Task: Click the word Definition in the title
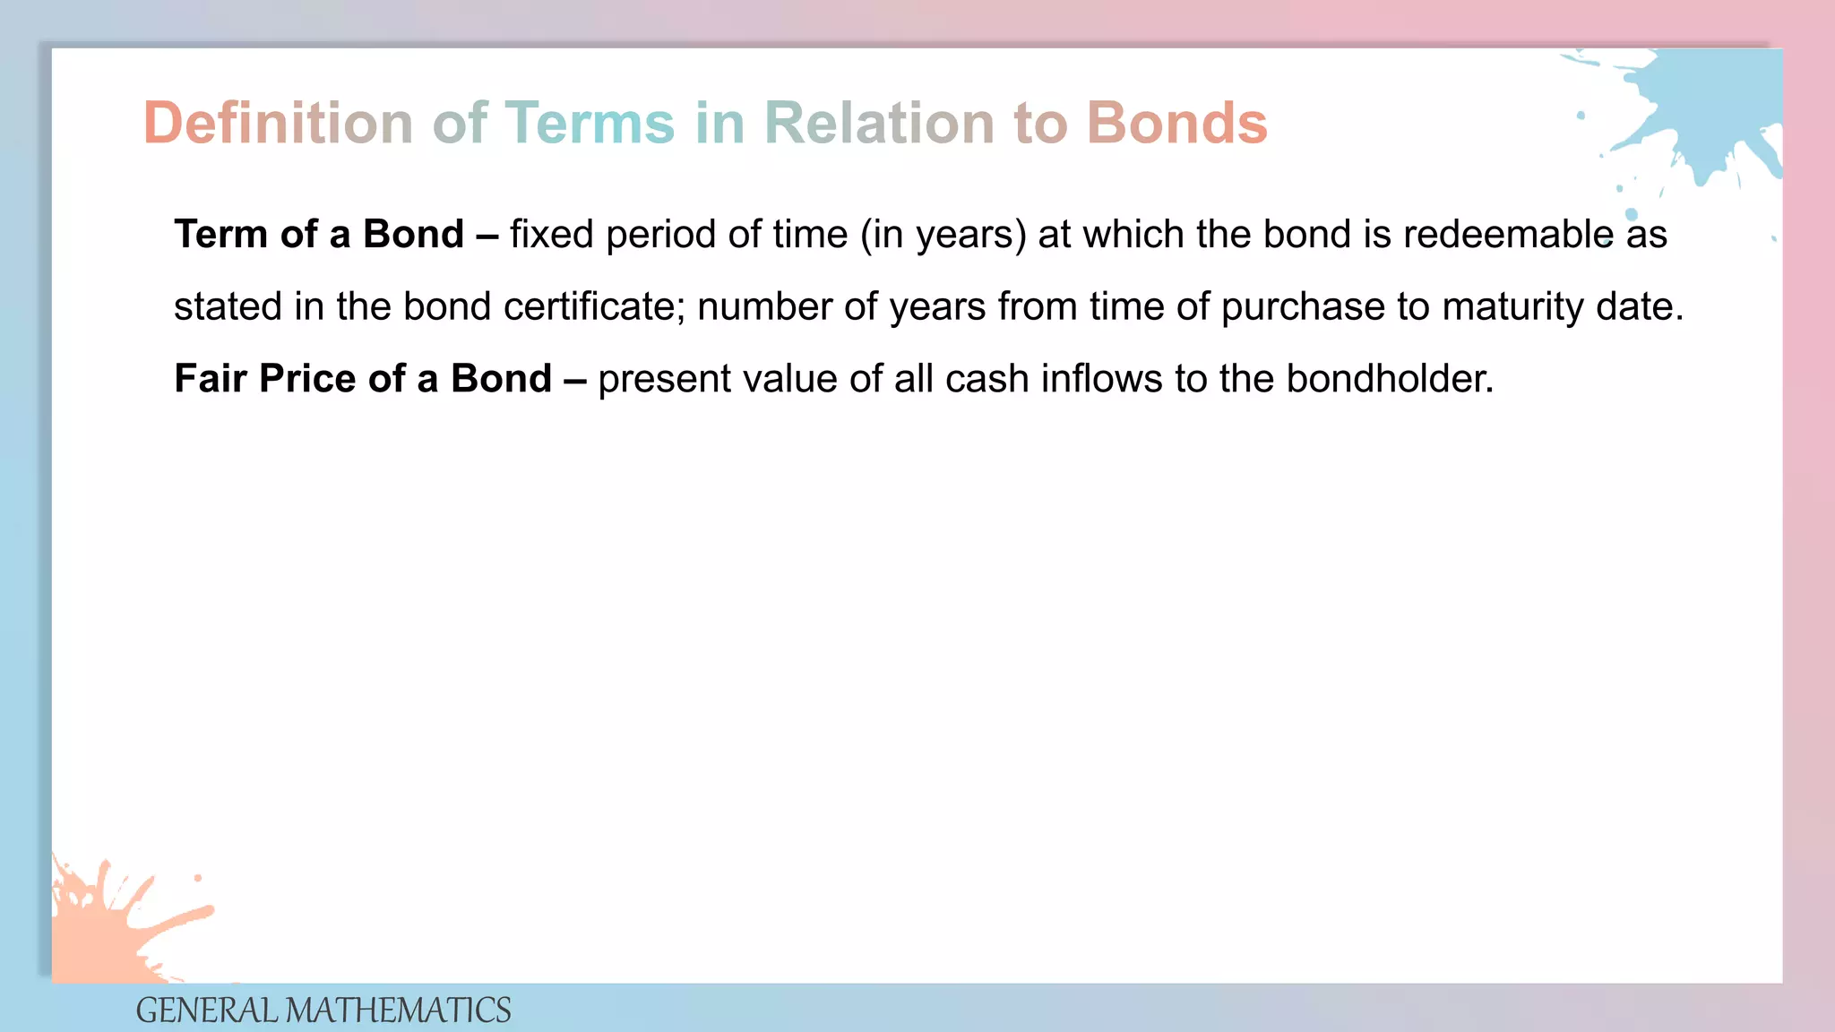(278, 123)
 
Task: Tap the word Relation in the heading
(878, 123)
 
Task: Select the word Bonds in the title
(1176, 123)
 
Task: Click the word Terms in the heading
(590, 123)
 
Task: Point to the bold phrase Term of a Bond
(319, 235)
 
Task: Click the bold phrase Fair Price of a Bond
(363, 379)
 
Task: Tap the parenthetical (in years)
(943, 235)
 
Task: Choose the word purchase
(1303, 307)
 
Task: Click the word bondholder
(1389, 379)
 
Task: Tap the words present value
(718, 379)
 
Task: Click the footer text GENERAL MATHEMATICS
(323, 1010)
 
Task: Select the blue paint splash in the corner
(1702, 107)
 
